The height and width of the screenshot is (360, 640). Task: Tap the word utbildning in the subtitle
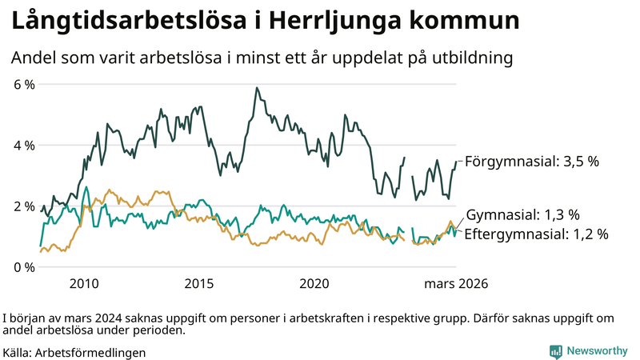(x=472, y=58)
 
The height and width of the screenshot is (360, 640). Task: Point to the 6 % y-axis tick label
(x=24, y=84)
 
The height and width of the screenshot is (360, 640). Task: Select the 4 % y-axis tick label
(x=24, y=145)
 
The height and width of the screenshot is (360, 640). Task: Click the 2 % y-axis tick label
(x=24, y=206)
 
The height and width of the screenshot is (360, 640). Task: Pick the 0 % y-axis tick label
(x=24, y=266)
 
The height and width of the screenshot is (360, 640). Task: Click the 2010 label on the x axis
(x=84, y=283)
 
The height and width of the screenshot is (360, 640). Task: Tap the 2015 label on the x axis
(x=199, y=283)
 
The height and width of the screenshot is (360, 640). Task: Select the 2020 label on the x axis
(x=314, y=283)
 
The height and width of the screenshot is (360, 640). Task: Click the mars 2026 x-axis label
(x=456, y=283)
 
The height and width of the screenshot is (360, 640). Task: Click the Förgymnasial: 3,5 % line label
(x=532, y=161)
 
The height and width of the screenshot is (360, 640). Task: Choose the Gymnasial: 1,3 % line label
(x=522, y=214)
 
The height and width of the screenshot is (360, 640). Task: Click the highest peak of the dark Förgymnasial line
(x=256, y=88)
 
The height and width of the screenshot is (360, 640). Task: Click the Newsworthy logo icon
(x=555, y=351)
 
